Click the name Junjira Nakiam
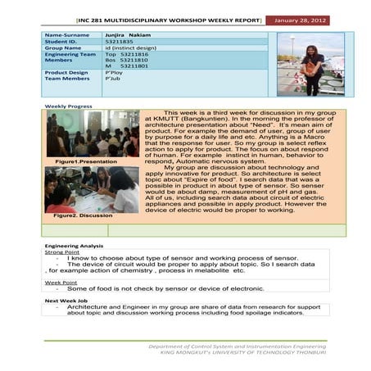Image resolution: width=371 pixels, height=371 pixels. click(129, 36)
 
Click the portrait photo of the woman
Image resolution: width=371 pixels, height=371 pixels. click(308, 64)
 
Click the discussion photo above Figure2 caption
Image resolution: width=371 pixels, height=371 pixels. click(79, 190)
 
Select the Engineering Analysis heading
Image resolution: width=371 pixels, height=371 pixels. click(74, 246)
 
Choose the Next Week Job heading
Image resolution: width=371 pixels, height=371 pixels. click(66, 301)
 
